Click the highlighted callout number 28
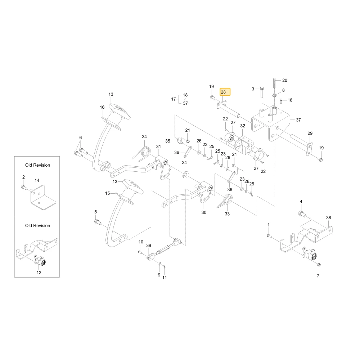(223, 92)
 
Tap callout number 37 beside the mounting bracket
(298, 120)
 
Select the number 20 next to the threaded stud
(285, 80)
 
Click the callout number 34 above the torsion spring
(144, 136)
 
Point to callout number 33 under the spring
(227, 214)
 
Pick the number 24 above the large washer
(184, 163)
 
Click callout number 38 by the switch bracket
(329, 218)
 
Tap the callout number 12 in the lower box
(39, 273)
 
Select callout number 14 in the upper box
(37, 180)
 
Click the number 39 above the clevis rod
(149, 246)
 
